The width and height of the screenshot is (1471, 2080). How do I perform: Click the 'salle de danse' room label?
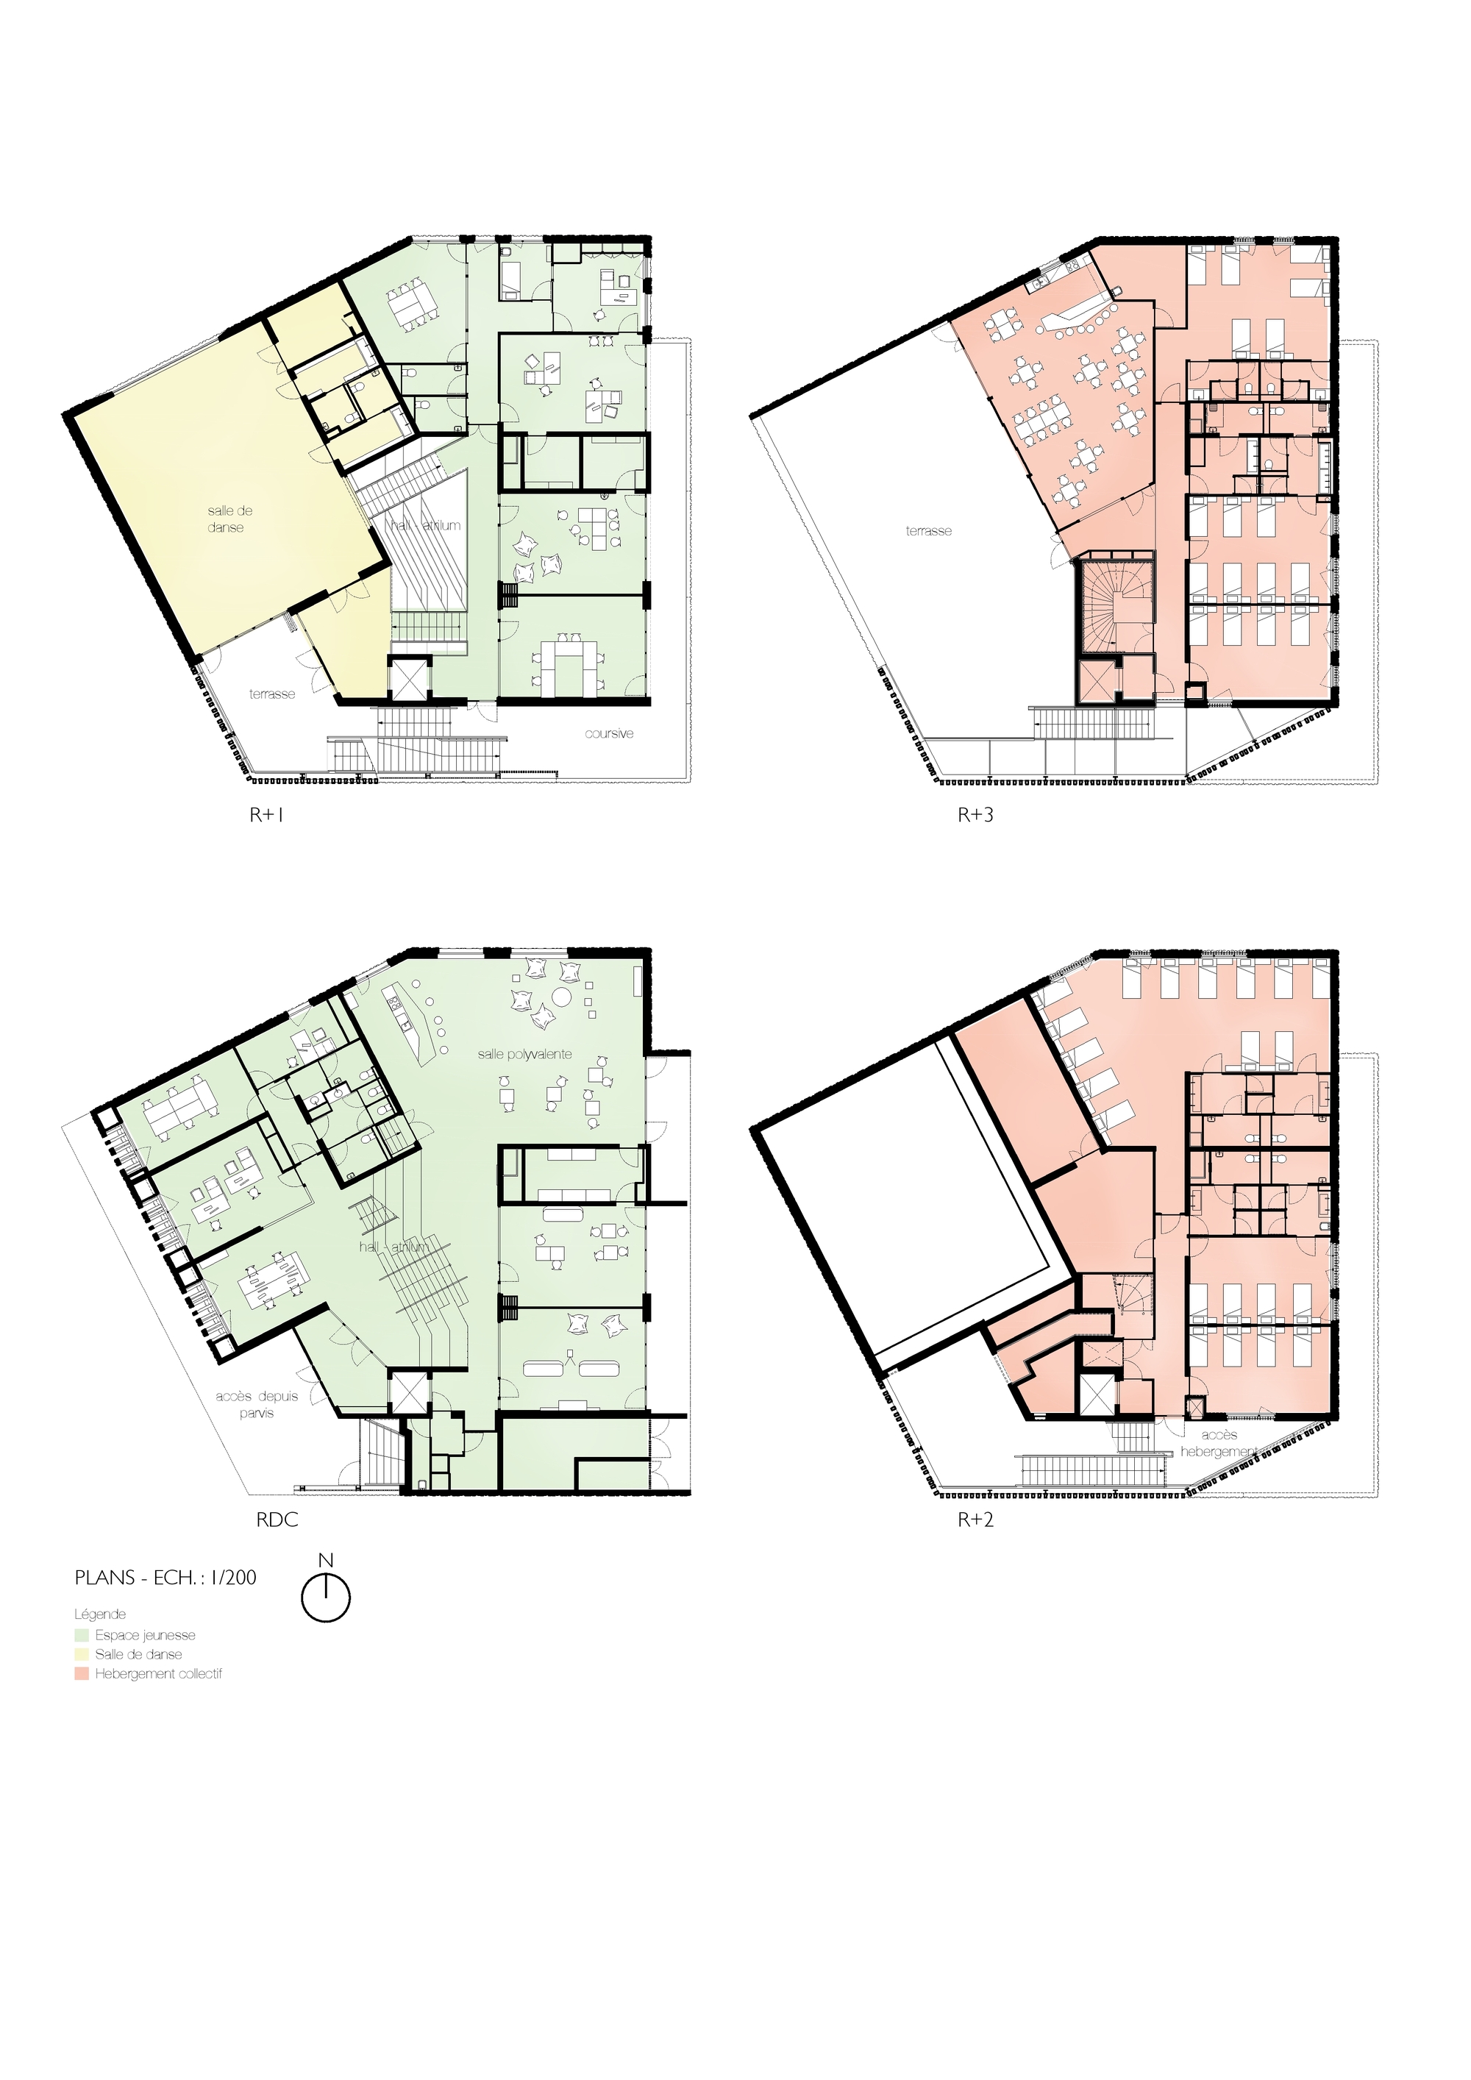tap(229, 519)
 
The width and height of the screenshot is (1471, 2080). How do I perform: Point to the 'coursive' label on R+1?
tap(609, 734)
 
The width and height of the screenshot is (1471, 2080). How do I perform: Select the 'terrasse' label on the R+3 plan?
tap(928, 531)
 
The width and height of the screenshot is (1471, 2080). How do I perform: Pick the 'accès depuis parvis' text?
tap(257, 1404)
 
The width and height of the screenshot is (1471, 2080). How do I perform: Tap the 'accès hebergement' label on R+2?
tap(1218, 1443)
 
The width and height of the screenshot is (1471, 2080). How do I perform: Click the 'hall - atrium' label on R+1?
tap(426, 525)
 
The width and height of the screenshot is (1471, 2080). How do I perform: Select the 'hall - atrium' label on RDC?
tap(393, 1247)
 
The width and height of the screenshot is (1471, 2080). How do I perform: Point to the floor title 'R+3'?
tap(975, 816)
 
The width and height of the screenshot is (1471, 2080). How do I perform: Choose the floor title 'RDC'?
tap(277, 1520)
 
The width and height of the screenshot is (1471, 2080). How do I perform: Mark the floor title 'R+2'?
tap(975, 1520)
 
